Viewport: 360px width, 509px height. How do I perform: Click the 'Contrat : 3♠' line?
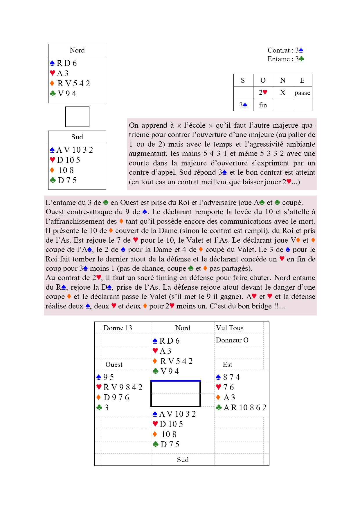tap(285, 50)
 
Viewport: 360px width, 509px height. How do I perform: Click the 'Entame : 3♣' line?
tap(285, 59)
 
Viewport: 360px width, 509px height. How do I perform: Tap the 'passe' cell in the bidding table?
tap(302, 93)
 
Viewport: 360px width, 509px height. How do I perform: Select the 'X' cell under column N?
tap(282, 93)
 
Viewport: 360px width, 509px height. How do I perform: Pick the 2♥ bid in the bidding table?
tap(263, 93)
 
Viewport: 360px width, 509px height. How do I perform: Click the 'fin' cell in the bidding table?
tap(263, 105)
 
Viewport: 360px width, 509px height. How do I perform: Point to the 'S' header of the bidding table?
tap(243, 80)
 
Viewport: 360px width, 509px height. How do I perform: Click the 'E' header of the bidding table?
tap(302, 80)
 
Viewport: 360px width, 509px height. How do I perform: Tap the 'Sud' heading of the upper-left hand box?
tap(77, 137)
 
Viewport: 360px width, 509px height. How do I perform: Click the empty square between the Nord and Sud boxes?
tap(77, 117)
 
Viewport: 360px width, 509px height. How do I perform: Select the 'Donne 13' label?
tap(118, 328)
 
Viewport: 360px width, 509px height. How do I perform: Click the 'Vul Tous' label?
tap(230, 328)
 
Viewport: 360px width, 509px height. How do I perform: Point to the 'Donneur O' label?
tap(232, 340)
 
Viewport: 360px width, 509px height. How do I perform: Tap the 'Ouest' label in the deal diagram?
tap(114, 364)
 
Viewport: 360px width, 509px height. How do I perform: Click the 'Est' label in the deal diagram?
tap(227, 364)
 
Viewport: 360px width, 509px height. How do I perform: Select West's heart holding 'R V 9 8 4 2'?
tap(123, 387)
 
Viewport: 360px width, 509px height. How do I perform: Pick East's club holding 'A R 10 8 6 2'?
tap(244, 408)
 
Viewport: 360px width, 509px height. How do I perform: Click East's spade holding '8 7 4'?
tap(231, 377)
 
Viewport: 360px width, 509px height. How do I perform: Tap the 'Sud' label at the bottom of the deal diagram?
tap(183, 460)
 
